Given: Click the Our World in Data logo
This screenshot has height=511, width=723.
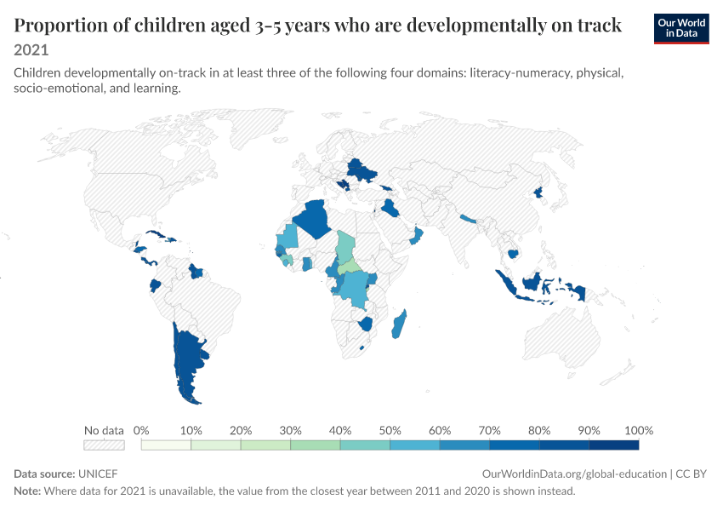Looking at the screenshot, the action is pyautogui.click(x=681, y=29).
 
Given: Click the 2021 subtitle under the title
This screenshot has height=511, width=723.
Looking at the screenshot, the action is pyautogui.click(x=31, y=50).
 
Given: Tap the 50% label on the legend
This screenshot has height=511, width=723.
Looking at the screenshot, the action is pyautogui.click(x=390, y=431).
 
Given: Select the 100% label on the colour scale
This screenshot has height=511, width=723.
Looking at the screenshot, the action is pyautogui.click(x=639, y=431).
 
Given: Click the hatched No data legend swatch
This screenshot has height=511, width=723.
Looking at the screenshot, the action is pyautogui.click(x=104, y=445).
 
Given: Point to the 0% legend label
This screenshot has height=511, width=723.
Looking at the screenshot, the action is pyautogui.click(x=141, y=431).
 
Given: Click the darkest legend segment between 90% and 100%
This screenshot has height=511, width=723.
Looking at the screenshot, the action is pyautogui.click(x=614, y=445).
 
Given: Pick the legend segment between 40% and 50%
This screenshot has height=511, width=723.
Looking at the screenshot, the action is pyautogui.click(x=365, y=445).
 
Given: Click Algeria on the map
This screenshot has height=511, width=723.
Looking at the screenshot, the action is pyautogui.click(x=314, y=218).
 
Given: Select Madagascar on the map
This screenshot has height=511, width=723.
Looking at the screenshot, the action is pyautogui.click(x=399, y=324).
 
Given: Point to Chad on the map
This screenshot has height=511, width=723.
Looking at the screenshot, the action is pyautogui.click(x=345, y=247).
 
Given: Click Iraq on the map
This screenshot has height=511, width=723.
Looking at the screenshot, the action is pyautogui.click(x=390, y=209).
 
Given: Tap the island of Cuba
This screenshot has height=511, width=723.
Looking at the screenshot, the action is pyautogui.click(x=156, y=234).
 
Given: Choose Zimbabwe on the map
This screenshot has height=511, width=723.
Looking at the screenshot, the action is pyautogui.click(x=366, y=324).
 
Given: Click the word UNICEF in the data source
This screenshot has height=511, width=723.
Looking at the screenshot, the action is pyautogui.click(x=98, y=474).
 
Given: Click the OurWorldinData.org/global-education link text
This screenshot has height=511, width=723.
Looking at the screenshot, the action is pyautogui.click(x=574, y=474).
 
